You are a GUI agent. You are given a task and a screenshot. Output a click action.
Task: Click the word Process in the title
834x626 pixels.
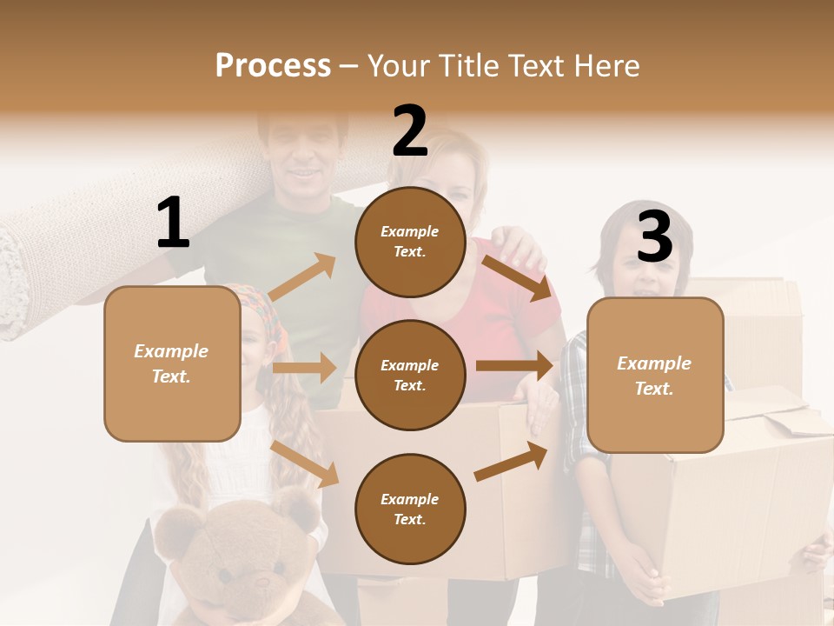point(273,65)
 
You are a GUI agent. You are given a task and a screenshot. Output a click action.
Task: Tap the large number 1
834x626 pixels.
point(173,223)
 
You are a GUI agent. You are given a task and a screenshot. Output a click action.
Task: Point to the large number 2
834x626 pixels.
point(410,131)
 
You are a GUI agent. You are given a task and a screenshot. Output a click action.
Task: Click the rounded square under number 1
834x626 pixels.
point(172,363)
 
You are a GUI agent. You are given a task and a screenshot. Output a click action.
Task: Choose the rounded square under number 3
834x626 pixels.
point(655,375)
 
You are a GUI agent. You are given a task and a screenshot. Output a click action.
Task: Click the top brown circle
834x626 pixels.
point(410,241)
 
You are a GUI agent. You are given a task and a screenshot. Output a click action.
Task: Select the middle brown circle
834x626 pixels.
point(410,375)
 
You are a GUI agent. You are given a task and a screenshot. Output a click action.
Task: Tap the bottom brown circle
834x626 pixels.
point(410,509)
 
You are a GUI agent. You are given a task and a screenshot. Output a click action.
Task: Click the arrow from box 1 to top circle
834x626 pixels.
point(302,276)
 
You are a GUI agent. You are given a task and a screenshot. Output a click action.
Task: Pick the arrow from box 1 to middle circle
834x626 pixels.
point(304,368)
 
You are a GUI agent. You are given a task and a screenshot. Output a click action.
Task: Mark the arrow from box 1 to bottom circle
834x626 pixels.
point(305,463)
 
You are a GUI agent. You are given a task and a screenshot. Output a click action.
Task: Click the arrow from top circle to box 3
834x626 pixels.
point(517,277)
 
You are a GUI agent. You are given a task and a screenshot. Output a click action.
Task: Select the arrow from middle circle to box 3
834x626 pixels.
point(514,366)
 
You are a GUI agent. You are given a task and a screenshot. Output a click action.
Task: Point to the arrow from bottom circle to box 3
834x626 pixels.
point(511,461)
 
